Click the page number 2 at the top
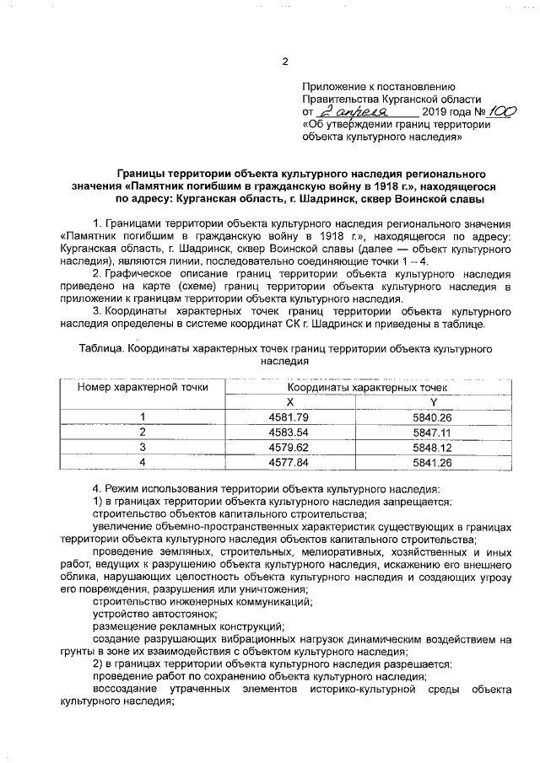pyautogui.click(x=284, y=62)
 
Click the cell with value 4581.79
pyautogui.click(x=289, y=417)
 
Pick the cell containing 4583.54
pyautogui.click(x=289, y=433)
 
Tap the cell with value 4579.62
pyautogui.click(x=289, y=447)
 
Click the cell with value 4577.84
pyautogui.click(x=289, y=462)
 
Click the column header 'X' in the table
pyautogui.click(x=289, y=402)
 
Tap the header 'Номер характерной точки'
pyautogui.click(x=143, y=387)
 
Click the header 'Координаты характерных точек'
pyautogui.click(x=361, y=387)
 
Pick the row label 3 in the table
pyautogui.click(x=143, y=447)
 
